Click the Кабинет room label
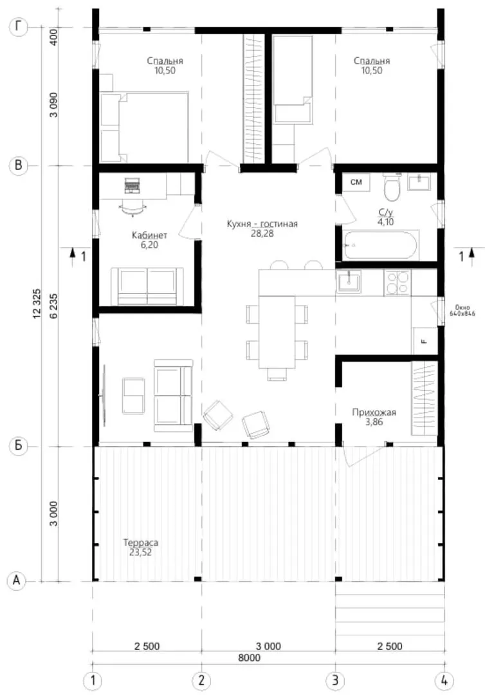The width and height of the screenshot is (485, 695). pyautogui.click(x=149, y=235)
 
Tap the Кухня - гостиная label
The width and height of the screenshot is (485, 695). pyautogui.click(x=262, y=224)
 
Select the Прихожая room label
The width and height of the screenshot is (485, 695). pyautogui.click(x=374, y=412)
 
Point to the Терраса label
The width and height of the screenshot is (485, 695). pyautogui.click(x=140, y=542)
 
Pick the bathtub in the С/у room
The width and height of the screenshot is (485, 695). pyautogui.click(x=381, y=245)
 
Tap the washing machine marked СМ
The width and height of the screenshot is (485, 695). pyautogui.click(x=356, y=182)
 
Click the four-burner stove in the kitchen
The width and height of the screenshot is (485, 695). pyautogui.click(x=397, y=283)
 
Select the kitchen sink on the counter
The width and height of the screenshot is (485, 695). pyautogui.click(x=349, y=281)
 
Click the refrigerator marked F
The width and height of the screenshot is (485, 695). pyautogui.click(x=425, y=340)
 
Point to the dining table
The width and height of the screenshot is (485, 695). pyautogui.click(x=277, y=332)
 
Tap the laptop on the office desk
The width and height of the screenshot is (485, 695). pyautogui.click(x=131, y=185)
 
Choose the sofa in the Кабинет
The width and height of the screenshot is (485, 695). pyautogui.click(x=147, y=286)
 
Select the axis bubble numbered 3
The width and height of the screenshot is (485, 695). pyautogui.click(x=335, y=680)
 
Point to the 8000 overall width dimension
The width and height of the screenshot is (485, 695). pyautogui.click(x=250, y=658)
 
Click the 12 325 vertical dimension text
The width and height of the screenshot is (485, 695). pyautogui.click(x=37, y=304)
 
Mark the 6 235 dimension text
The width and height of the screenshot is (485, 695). pyautogui.click(x=54, y=306)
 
